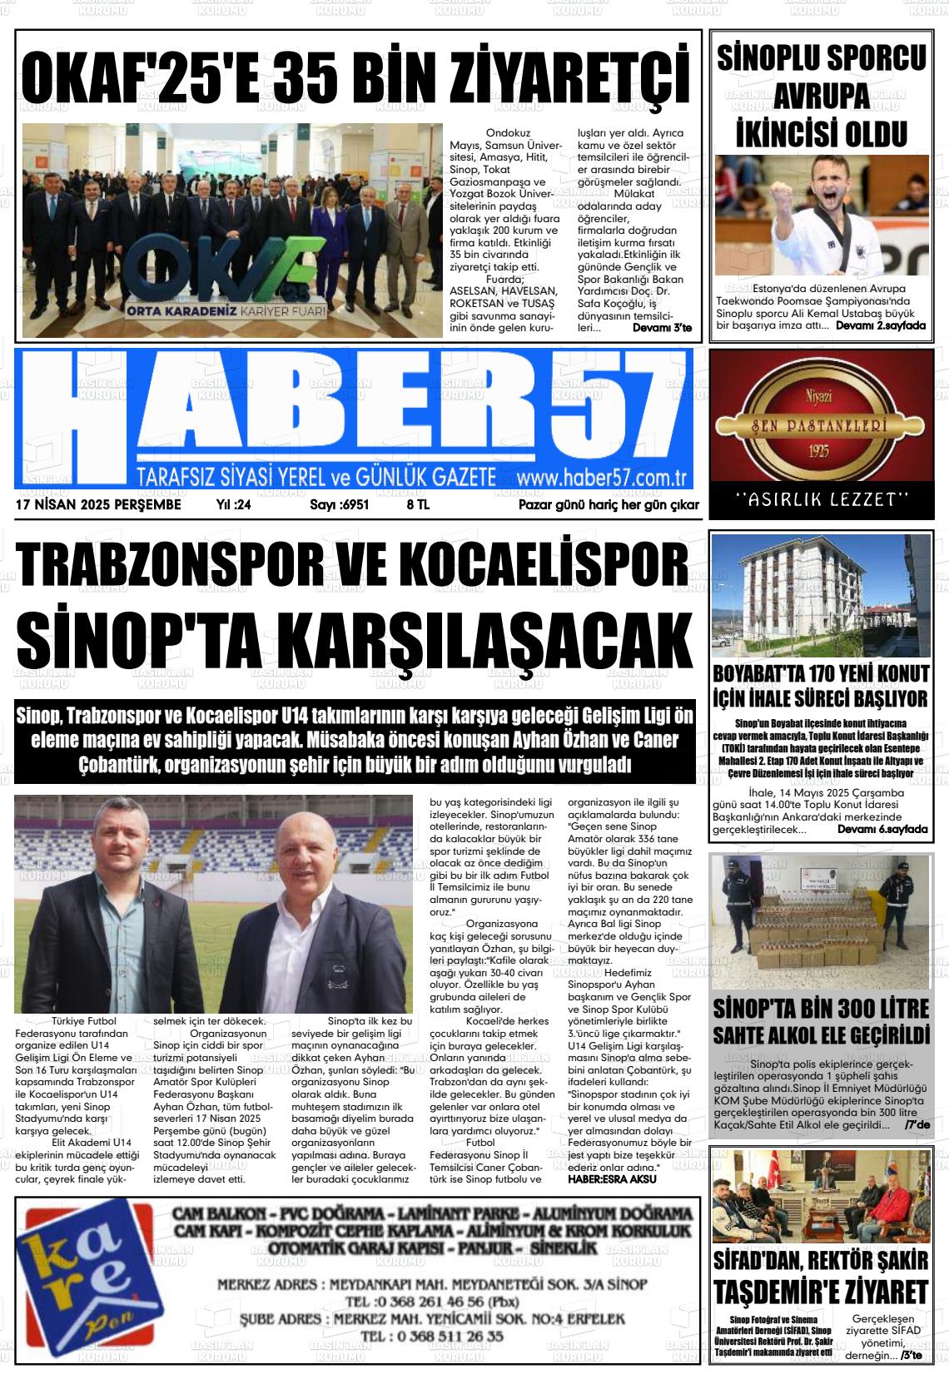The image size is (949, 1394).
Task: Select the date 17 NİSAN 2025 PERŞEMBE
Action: (x=98, y=505)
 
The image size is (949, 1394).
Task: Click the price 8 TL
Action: (x=418, y=505)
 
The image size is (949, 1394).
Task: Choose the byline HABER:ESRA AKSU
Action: (x=612, y=1178)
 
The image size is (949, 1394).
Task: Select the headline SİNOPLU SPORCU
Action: (x=821, y=59)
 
